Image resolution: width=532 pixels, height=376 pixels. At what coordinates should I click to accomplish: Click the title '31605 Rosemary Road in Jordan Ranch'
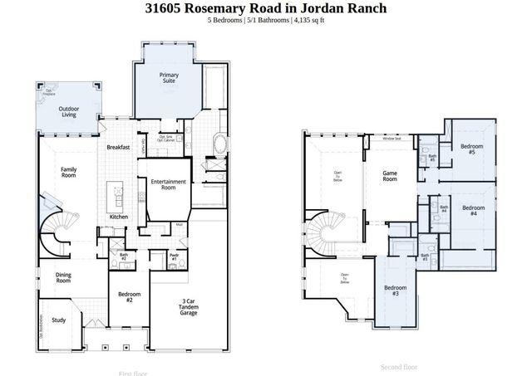tap(265, 8)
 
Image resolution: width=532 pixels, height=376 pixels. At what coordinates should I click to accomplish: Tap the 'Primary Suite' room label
tap(169, 79)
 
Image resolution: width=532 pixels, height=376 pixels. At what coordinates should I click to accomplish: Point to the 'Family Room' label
tap(68, 173)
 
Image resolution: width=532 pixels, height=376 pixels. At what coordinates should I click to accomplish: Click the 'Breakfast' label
tap(119, 147)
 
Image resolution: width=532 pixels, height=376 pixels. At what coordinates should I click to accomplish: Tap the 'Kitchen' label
tap(119, 217)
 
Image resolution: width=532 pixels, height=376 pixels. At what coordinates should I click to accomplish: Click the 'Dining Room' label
tap(63, 278)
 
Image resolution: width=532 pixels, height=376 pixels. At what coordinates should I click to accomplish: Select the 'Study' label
tap(58, 320)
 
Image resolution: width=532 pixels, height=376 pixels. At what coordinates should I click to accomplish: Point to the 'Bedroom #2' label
tap(129, 297)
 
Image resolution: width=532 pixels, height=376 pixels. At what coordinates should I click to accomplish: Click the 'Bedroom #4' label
tap(473, 210)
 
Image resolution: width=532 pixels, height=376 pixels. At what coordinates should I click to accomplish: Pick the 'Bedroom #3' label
tap(396, 291)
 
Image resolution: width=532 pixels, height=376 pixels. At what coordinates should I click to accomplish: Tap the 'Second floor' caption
tap(399, 366)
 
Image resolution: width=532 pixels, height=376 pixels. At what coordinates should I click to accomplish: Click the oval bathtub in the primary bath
tap(221, 144)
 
